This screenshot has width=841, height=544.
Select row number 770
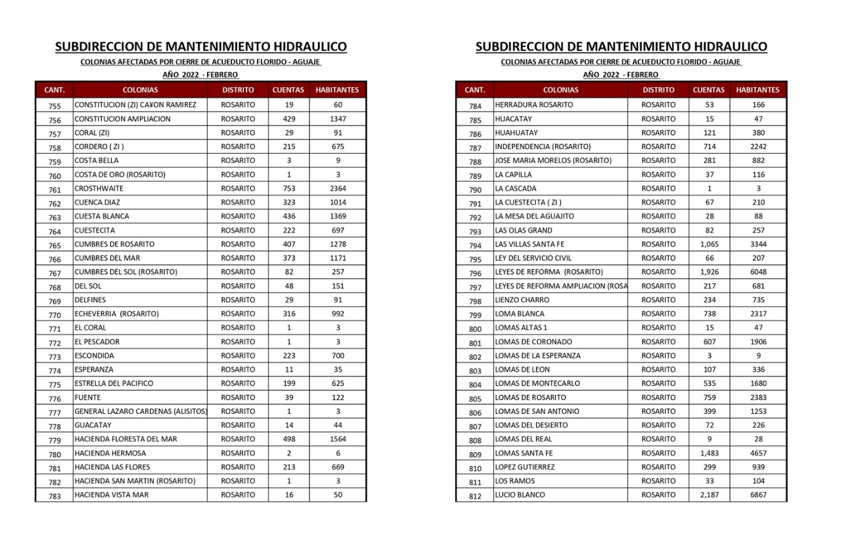[55, 315]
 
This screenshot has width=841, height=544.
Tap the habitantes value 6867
[758, 495]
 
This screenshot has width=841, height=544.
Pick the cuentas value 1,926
[710, 272]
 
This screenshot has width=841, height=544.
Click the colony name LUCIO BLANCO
[520, 495]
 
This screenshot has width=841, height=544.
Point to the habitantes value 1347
[338, 119]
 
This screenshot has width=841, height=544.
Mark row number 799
[475, 315]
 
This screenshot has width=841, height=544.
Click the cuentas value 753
[289, 189]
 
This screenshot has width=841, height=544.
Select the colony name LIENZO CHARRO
[522, 300]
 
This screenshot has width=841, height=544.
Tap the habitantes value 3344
[758, 244]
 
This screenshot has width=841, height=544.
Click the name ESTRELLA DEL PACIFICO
[114, 383]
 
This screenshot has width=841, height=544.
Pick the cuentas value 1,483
[710, 453]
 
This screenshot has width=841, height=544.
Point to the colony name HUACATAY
[513, 119]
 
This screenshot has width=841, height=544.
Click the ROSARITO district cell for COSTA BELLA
[239, 160]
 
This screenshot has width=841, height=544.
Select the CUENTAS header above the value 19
[288, 89]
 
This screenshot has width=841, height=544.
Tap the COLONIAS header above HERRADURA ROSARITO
[561, 89]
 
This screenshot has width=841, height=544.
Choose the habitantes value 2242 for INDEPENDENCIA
[758, 147]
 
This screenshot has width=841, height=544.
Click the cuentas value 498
[289, 439]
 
